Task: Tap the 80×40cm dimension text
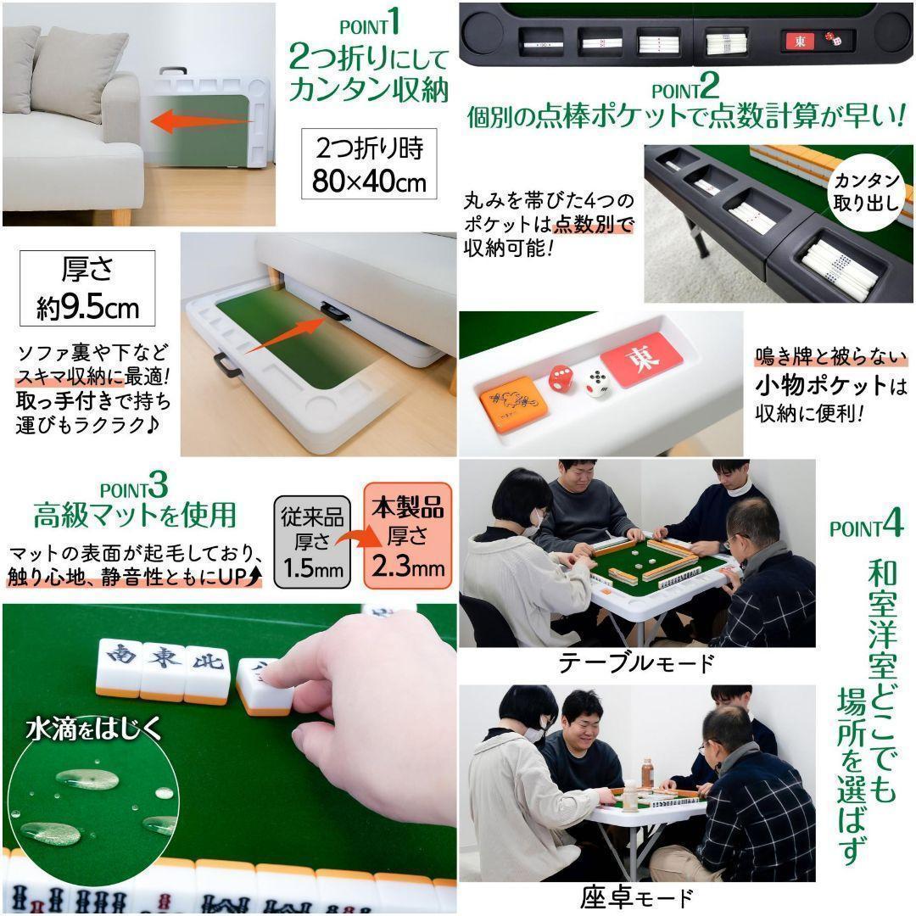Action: point(370,182)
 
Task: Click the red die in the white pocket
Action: point(561,377)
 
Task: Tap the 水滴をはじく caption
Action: point(93,729)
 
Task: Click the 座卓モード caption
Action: point(636,897)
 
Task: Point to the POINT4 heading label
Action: point(866,527)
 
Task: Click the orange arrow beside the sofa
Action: point(202,121)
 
